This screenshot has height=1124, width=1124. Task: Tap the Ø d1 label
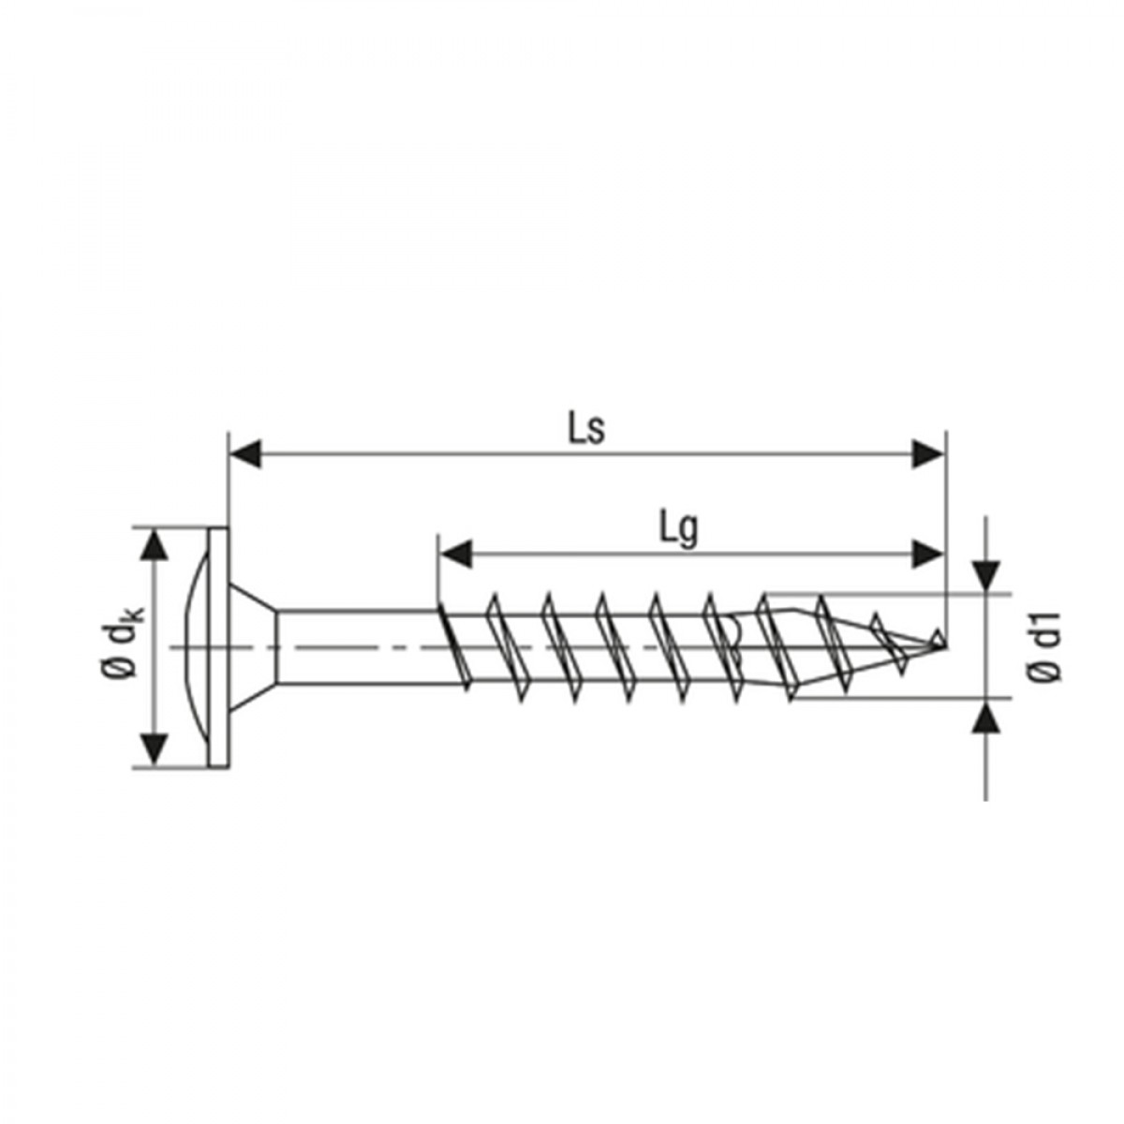[1043, 647]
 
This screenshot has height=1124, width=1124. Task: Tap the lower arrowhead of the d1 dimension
[985, 717]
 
